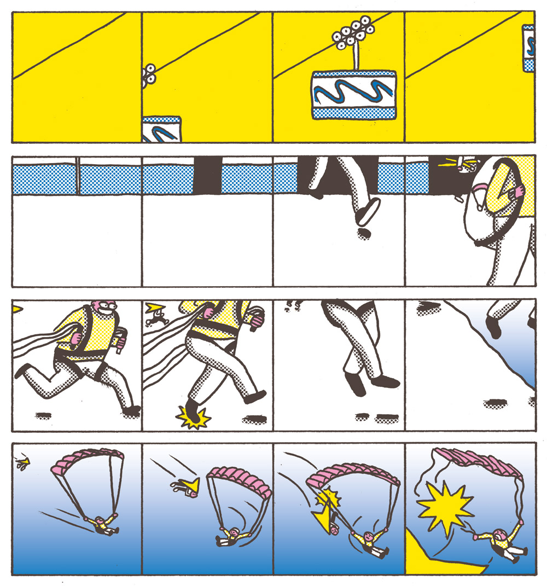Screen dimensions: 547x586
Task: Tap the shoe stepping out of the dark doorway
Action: pyautogui.click(x=368, y=211)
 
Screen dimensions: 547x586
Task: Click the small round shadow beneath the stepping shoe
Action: pyautogui.click(x=363, y=234)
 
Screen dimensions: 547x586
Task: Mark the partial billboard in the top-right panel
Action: pyautogui.click(x=528, y=48)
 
